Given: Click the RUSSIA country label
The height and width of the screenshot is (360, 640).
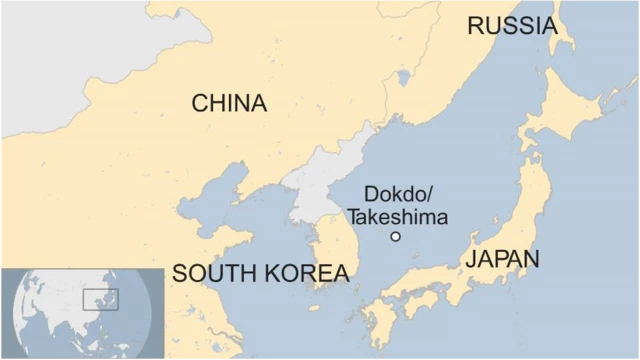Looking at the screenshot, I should point(511,27).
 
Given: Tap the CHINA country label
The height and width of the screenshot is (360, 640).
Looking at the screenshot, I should point(229,103).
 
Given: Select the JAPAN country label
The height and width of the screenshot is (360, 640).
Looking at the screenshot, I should point(502,259).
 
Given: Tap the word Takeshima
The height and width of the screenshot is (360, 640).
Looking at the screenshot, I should point(397,216).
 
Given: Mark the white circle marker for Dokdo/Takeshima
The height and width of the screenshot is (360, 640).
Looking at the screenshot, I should point(395,236).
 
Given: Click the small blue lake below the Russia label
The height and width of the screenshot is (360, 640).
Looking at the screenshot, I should point(403,77).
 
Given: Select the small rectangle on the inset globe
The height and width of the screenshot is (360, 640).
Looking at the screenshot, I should point(100,298).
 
